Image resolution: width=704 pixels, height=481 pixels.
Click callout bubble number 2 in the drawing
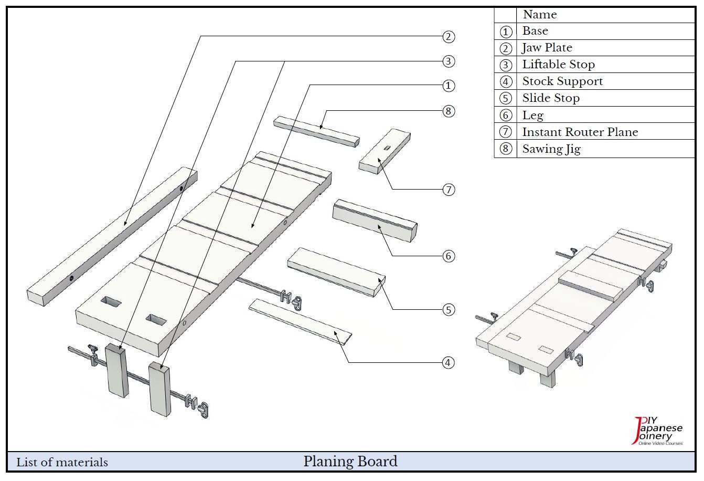[448, 37]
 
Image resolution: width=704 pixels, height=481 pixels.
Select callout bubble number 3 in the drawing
[448, 61]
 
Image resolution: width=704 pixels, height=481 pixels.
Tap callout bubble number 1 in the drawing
[448, 86]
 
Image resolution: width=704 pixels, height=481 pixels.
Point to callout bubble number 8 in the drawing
[448, 111]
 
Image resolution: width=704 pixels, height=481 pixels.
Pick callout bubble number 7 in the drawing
[448, 190]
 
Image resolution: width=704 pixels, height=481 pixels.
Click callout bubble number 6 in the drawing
[448, 256]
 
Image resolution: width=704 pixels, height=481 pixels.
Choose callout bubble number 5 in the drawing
[448, 310]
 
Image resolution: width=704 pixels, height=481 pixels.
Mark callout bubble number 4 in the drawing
[448, 362]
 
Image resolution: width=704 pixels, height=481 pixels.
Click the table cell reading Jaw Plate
[547, 48]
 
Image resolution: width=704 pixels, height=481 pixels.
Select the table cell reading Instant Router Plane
[580, 132]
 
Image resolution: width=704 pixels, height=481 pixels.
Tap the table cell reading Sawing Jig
[551, 149]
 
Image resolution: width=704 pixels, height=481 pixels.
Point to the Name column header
[540, 15]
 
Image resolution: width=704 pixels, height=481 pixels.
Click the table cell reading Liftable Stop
[558, 65]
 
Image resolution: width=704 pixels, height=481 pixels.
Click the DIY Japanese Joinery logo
[658, 431]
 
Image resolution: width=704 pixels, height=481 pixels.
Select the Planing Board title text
[350, 461]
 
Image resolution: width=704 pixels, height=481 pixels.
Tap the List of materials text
[62, 462]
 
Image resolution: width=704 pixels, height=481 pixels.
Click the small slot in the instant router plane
[388, 149]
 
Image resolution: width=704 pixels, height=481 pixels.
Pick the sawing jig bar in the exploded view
[316, 131]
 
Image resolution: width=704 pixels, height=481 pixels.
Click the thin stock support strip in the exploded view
[300, 321]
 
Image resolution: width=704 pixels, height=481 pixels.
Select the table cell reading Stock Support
[562, 81]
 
